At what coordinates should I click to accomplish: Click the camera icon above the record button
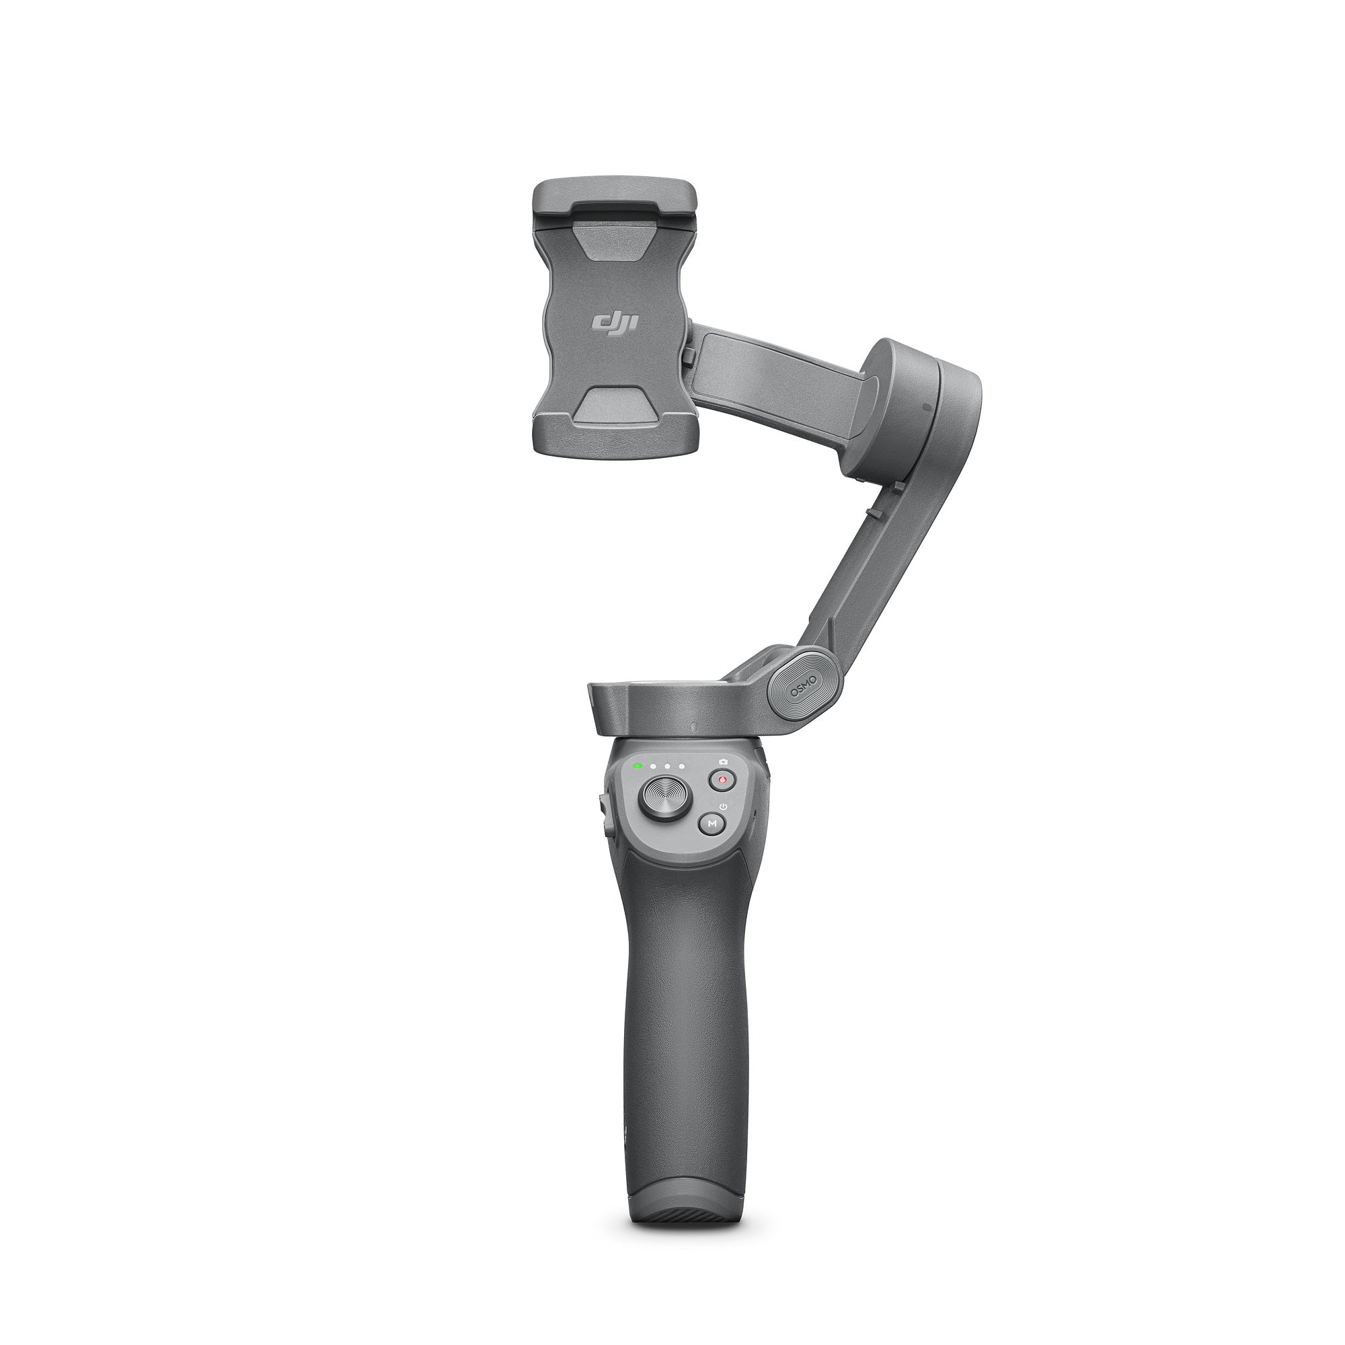click(x=725, y=762)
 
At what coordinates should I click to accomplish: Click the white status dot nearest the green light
click(x=653, y=767)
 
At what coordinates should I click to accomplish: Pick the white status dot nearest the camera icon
click(x=682, y=767)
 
